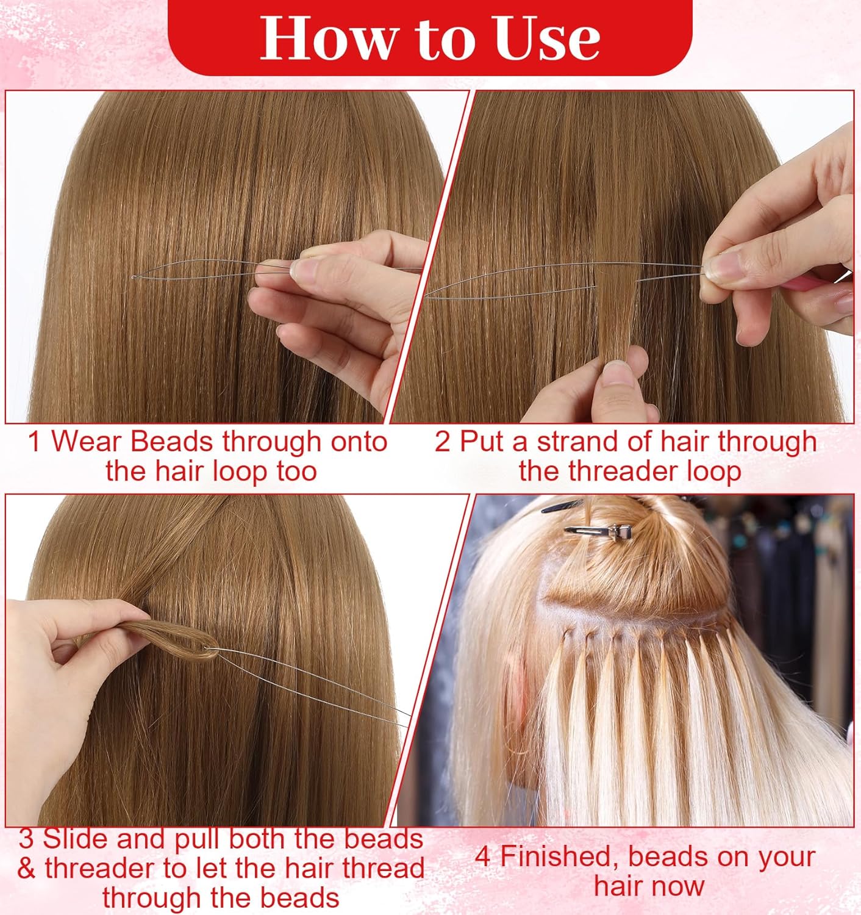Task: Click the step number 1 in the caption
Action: coord(35,442)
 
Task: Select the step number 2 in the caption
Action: coord(442,442)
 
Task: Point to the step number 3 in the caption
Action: coord(26,839)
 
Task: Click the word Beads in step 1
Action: coord(171,442)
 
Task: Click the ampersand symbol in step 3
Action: coord(26,868)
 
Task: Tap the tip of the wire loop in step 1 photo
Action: coord(134,277)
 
